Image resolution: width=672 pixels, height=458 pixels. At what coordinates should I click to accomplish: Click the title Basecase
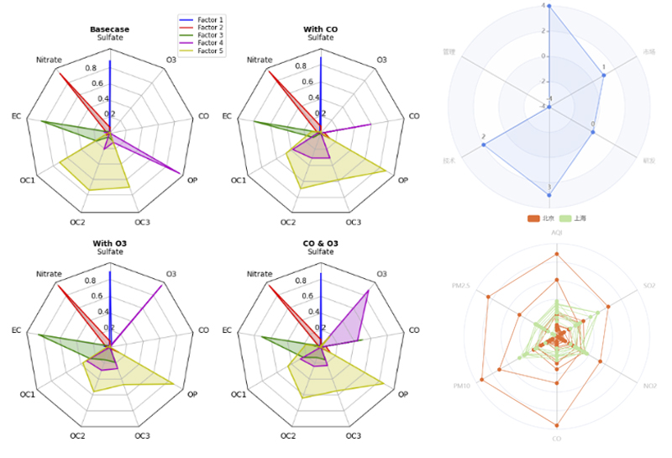coord(109,29)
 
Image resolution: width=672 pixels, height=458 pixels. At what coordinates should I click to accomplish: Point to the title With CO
coord(320,29)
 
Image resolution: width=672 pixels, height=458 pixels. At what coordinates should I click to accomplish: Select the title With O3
coord(109,244)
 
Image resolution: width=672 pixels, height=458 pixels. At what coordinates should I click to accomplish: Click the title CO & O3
coord(320,244)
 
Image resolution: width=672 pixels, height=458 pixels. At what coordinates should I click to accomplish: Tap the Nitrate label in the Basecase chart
coord(49,60)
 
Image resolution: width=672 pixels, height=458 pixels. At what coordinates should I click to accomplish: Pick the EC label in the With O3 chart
coord(16,330)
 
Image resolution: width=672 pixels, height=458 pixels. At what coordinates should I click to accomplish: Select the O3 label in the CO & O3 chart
coord(381,274)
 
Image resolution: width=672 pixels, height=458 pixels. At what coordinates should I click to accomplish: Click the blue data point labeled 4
coord(549,6)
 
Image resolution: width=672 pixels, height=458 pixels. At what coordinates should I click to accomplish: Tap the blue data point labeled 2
coord(484,145)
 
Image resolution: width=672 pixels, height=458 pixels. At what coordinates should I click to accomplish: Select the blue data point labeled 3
coord(549,195)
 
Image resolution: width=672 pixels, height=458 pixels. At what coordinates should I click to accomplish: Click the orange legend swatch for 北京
coord(533,218)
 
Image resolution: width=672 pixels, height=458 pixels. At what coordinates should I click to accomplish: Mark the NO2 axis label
coord(649,386)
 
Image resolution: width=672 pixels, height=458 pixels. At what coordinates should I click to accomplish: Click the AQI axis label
coord(556,232)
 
